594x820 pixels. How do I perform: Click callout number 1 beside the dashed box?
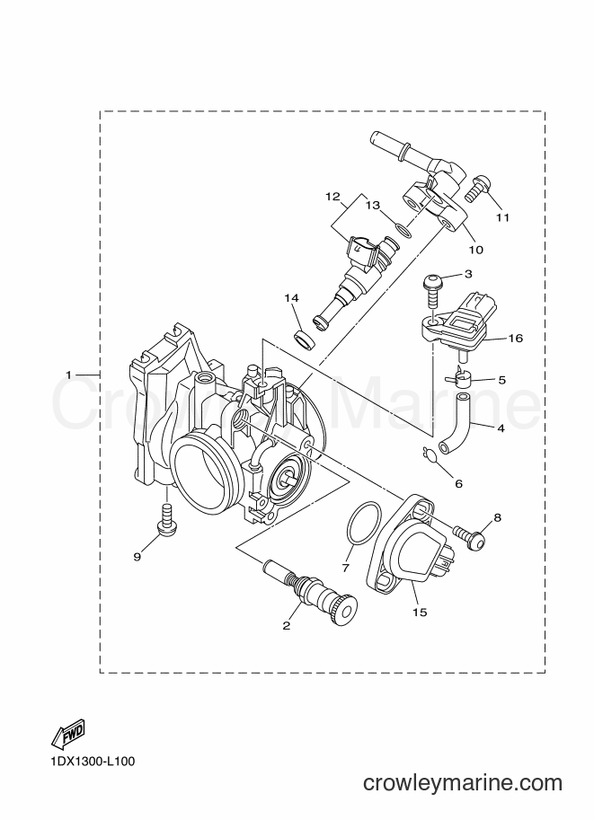click(68, 375)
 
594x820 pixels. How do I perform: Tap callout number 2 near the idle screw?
click(287, 625)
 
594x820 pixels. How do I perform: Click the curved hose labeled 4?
click(456, 425)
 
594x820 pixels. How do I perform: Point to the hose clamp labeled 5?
click(458, 378)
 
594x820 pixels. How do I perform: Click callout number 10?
click(475, 250)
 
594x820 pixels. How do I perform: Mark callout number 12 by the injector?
click(332, 197)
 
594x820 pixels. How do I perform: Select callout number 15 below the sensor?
click(420, 612)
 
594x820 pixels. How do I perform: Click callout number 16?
click(516, 339)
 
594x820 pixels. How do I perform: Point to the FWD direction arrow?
click(67, 733)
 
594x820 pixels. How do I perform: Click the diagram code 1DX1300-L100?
click(93, 762)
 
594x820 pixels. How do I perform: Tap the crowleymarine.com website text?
click(463, 783)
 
